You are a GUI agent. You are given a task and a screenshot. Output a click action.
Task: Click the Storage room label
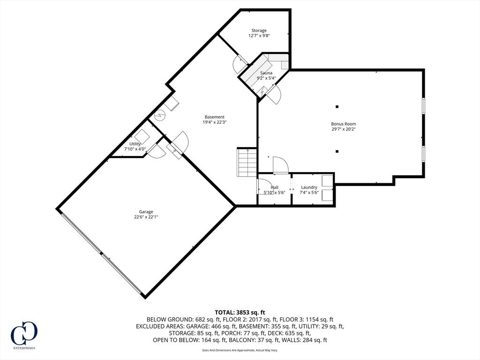tap(259, 30)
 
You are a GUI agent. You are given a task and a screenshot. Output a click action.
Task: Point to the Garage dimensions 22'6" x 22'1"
tap(146, 217)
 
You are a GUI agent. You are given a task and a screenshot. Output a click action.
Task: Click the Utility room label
tap(135, 144)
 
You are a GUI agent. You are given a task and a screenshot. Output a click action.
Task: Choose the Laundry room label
tap(309, 187)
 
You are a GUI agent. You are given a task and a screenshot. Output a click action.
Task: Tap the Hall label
tap(274, 187)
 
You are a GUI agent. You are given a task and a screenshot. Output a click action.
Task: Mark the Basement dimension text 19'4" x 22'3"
tap(214, 122)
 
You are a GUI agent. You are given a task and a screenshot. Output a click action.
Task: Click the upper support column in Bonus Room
tap(337, 106)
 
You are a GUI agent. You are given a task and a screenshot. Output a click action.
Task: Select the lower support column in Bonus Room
tap(337, 151)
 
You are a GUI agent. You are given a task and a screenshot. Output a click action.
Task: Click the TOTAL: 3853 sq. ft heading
tap(240, 312)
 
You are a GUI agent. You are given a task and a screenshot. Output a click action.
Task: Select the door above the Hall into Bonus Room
tap(280, 165)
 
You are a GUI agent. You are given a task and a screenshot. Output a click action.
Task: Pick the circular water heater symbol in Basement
tap(158, 114)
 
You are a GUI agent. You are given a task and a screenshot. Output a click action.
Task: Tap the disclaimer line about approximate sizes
tap(240, 350)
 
